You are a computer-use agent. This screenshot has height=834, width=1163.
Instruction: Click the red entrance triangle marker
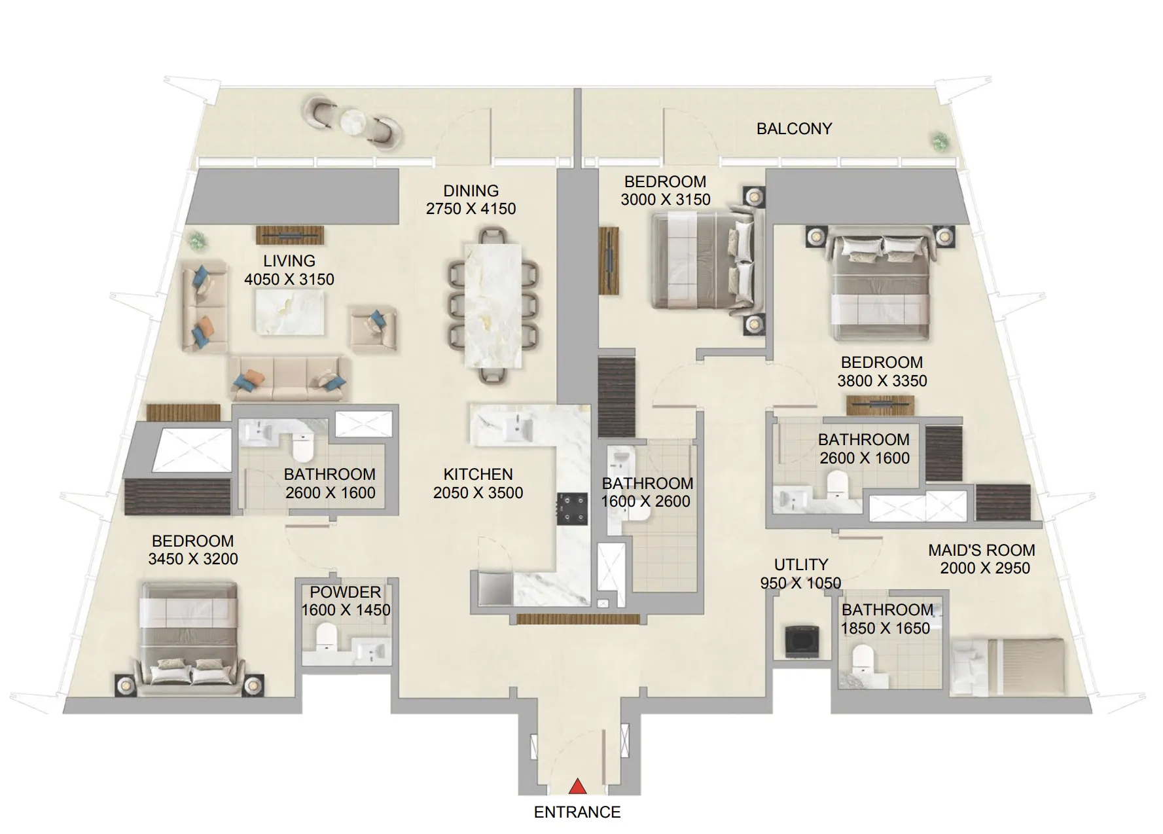[x=577, y=786]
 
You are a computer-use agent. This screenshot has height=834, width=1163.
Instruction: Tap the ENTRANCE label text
[x=577, y=812]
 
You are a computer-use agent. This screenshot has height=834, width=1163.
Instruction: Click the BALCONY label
[x=794, y=129]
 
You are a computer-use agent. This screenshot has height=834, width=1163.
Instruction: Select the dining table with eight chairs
[x=493, y=305]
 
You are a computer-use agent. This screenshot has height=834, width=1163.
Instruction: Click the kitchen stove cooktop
[x=573, y=509]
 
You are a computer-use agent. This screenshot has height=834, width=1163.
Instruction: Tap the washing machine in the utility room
[x=801, y=642]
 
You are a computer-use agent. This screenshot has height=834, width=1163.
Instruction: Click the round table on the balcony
[x=353, y=121]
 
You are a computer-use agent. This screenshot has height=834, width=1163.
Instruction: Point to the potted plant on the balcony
[x=940, y=140]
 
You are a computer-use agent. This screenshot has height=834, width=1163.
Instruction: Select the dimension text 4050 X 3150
[x=289, y=280]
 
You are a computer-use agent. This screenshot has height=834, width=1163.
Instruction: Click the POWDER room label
[x=345, y=592]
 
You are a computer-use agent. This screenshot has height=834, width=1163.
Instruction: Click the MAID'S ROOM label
[x=981, y=551]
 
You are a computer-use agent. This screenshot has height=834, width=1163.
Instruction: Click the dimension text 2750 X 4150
[x=471, y=209]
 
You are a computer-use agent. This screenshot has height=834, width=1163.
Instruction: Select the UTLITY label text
[x=800, y=564]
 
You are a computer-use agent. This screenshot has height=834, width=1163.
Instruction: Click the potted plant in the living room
[x=196, y=240]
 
